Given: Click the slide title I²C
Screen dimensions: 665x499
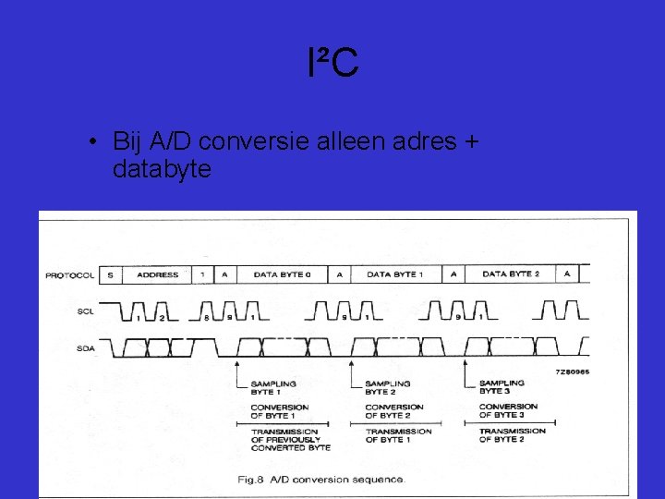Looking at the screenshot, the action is pos(332,64).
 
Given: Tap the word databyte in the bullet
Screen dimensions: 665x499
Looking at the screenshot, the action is pos(162,169).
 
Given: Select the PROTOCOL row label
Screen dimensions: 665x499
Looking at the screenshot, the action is pos(70,275).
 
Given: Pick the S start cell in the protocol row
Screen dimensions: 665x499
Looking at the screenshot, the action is pos(110,274).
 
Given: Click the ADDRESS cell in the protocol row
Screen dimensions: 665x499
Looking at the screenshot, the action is pos(157,274).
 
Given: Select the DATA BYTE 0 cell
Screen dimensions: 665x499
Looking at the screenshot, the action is pos(282,274).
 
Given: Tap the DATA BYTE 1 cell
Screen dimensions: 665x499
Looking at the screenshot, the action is pos(395,274).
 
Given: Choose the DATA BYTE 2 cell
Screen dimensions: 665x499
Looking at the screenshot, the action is pos(511,274).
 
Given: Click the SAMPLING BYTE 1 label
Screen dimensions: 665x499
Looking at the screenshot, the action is pos(273,388).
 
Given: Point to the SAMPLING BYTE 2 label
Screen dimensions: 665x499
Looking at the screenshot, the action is pos(388,388).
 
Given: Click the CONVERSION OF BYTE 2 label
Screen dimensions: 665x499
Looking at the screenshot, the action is pos(394,411).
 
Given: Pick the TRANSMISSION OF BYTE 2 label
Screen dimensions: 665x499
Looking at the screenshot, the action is pos(512,435).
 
